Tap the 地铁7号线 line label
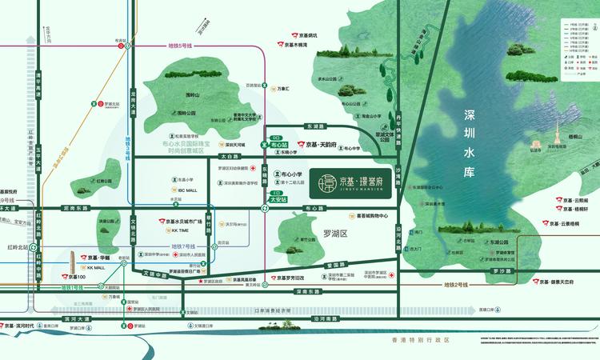[x=187, y=246]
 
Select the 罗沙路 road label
[x=502, y=271]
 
